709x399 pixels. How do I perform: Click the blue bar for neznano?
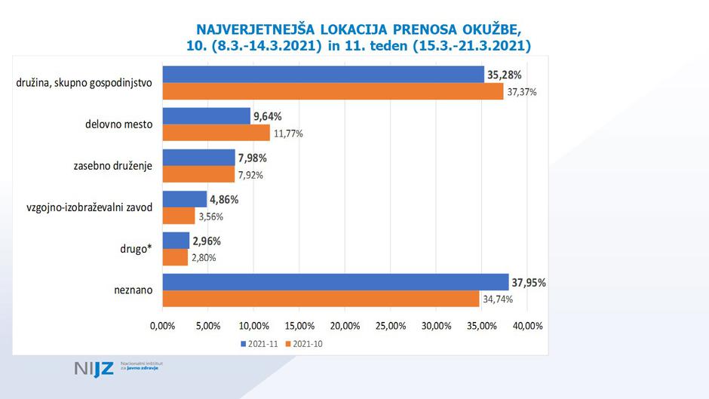pyautogui.click(x=336, y=282)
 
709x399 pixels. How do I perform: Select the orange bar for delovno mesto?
pyautogui.click(x=216, y=133)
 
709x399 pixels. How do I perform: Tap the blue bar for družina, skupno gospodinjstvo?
pyautogui.click(x=323, y=74)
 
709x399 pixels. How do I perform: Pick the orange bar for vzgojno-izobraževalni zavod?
pyautogui.click(x=179, y=216)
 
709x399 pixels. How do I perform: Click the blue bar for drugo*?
pyautogui.click(x=176, y=241)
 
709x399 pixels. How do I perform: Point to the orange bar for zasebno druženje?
pyautogui.click(x=198, y=174)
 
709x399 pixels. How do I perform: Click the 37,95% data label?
pyautogui.click(x=528, y=282)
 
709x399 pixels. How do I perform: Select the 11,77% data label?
pyautogui.click(x=288, y=134)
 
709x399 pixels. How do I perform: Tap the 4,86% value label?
pyautogui.click(x=224, y=200)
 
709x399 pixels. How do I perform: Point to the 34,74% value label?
pyautogui.click(x=497, y=299)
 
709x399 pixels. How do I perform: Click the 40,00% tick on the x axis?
pyautogui.click(x=527, y=326)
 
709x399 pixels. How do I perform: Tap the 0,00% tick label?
pyautogui.click(x=162, y=326)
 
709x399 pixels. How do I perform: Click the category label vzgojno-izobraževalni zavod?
pyautogui.click(x=89, y=207)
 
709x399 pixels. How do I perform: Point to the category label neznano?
pyautogui.click(x=134, y=290)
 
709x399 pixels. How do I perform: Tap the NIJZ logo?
pyautogui.click(x=94, y=369)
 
